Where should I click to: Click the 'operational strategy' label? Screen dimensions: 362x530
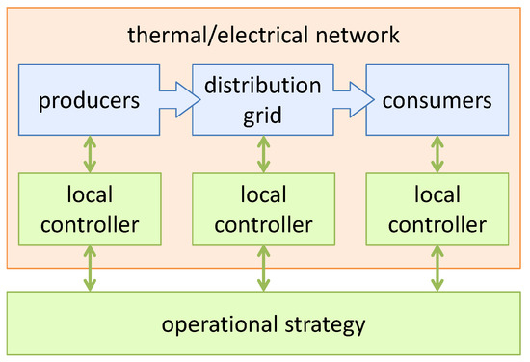click(264, 323)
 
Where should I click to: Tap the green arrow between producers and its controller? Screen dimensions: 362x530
click(90, 153)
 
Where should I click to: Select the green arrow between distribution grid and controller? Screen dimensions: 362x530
click(263, 153)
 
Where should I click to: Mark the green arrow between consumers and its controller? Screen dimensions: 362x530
click(436, 153)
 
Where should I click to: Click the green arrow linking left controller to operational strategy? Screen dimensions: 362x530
click(90, 267)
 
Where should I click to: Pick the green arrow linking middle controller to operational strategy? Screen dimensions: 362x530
click(263, 267)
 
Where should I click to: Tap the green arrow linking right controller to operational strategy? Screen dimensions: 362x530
click(436, 267)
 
